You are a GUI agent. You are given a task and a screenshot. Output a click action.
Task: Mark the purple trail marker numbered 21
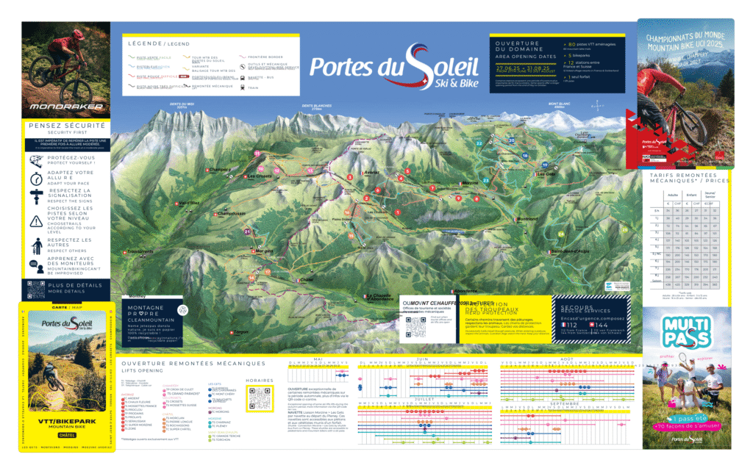[248, 232]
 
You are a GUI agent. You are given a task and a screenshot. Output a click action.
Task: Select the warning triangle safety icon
[36, 221]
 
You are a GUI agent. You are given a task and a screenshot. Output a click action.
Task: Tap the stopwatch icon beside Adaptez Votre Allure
[36, 178]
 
